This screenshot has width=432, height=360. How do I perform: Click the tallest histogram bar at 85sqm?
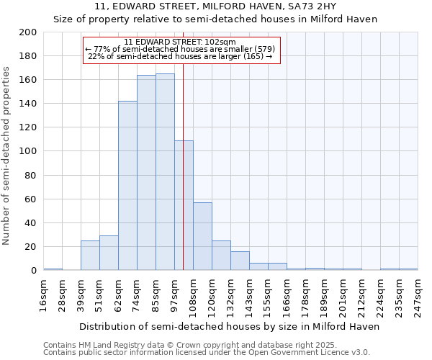165,172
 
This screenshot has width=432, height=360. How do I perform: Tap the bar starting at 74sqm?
146,173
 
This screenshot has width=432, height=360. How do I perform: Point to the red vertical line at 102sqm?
184,180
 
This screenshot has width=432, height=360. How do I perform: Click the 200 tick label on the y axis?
28,32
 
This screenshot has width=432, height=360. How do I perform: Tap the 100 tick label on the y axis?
28,151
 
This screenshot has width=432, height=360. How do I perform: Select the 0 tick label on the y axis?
34,271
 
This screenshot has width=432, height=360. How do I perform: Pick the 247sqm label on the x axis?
418,295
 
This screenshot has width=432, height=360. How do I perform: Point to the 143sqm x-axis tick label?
250,295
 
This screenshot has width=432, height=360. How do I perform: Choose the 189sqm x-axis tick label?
325,295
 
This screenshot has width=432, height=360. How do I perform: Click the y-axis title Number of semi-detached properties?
6,156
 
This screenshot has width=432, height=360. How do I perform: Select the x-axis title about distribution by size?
229,326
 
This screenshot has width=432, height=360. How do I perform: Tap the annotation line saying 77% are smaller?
180,49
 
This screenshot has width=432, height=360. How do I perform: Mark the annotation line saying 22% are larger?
180,56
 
